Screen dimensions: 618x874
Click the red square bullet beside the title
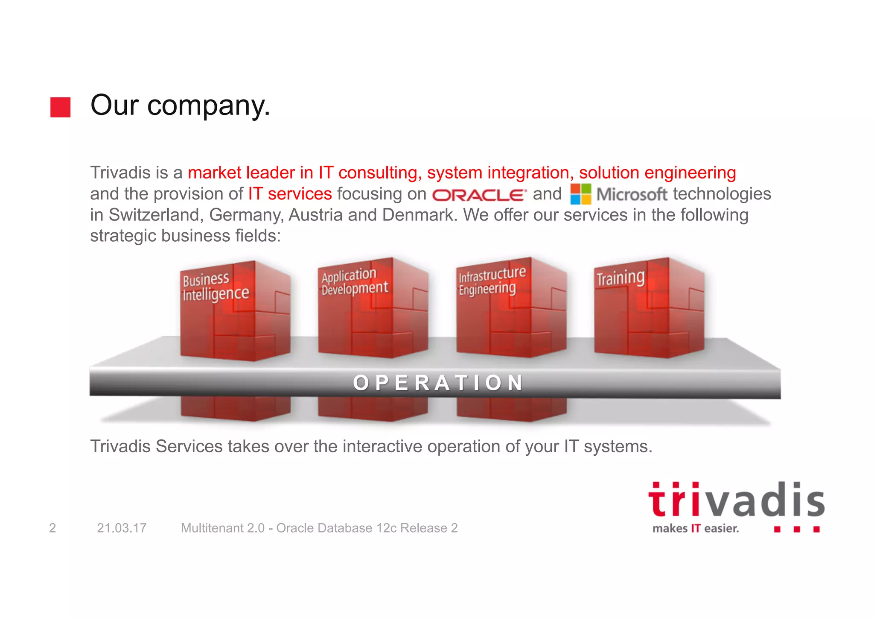point(60,107)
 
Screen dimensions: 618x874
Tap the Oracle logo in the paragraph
point(479,195)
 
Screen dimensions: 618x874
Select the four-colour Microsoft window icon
point(580,194)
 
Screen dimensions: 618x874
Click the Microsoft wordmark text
point(631,195)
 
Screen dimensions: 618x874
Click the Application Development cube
point(373,308)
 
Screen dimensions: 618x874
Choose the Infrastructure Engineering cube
point(511,308)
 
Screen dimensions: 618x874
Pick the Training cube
point(649,308)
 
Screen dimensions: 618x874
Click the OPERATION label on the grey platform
point(438,383)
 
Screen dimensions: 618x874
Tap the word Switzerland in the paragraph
point(154,215)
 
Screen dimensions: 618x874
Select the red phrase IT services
point(290,194)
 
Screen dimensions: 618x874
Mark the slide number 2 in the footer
point(52,528)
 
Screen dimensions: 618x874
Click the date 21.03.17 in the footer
point(122,528)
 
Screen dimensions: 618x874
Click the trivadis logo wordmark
point(736,501)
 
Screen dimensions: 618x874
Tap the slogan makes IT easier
point(695,529)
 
